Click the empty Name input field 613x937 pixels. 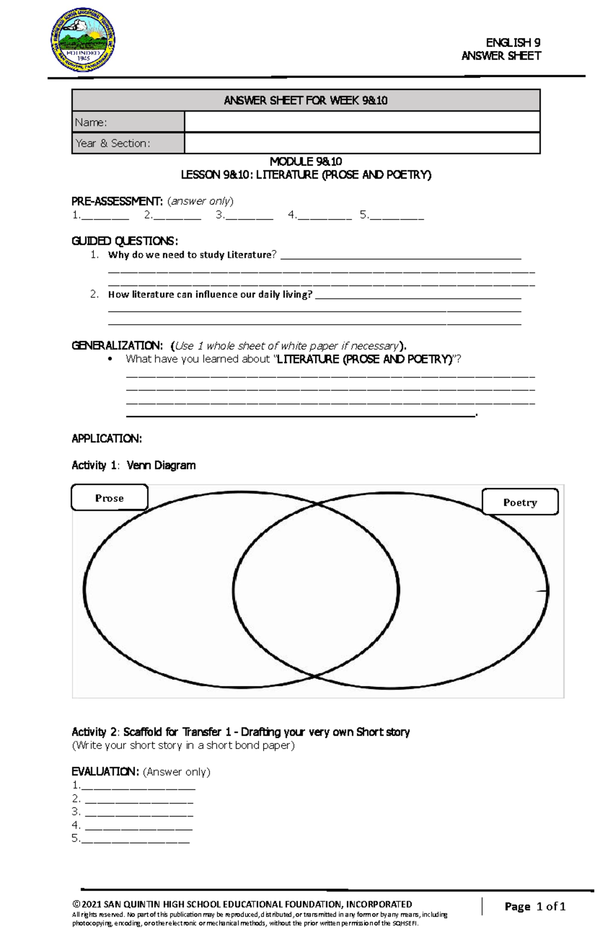(x=362, y=122)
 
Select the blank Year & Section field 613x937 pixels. (x=362, y=143)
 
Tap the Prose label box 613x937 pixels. (x=109, y=498)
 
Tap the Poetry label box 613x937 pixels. (x=520, y=502)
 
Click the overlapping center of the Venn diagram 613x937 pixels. (x=316, y=590)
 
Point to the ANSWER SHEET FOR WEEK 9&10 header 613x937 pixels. (x=305, y=101)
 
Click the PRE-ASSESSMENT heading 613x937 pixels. (x=117, y=201)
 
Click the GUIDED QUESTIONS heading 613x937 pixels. (x=125, y=241)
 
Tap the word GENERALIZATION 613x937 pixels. (x=117, y=346)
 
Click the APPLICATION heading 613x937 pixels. (x=106, y=439)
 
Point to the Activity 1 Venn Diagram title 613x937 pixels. (x=133, y=465)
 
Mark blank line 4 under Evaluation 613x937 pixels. (x=138, y=825)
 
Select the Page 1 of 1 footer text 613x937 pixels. (x=535, y=906)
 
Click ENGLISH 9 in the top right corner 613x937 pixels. (x=513, y=43)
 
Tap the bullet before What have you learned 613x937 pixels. (x=110, y=359)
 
